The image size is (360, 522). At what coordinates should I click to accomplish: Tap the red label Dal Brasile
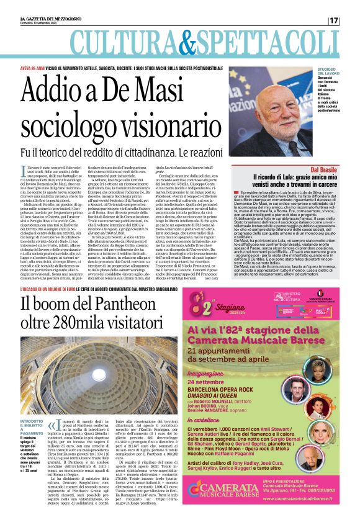click(323, 169)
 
